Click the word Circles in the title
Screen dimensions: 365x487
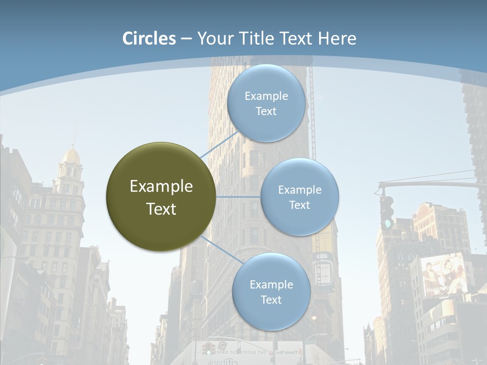click(x=149, y=39)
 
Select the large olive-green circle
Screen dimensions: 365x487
click(x=161, y=197)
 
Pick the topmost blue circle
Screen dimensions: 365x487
click(x=266, y=103)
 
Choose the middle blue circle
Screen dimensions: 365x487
click(x=299, y=197)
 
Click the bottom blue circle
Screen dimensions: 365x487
click(x=271, y=292)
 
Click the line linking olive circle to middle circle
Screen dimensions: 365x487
click(x=238, y=197)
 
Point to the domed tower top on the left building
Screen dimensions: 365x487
click(x=71, y=155)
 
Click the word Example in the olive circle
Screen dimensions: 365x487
click(x=161, y=187)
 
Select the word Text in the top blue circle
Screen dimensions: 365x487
click(x=266, y=112)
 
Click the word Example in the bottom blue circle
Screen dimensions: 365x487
click(x=271, y=284)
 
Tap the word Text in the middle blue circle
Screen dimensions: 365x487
click(x=299, y=205)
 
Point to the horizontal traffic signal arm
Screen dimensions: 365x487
click(x=431, y=185)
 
